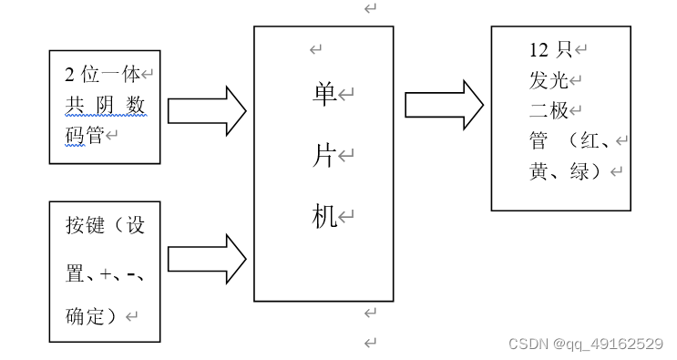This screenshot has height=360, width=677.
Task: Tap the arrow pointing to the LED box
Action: tap(445, 104)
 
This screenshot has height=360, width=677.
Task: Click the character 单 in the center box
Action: tap(323, 94)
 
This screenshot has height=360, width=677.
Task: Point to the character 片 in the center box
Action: tap(323, 156)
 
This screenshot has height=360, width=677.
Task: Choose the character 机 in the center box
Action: tap(323, 217)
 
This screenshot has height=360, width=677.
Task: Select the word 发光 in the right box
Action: tap(549, 80)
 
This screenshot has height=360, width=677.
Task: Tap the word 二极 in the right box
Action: tap(549, 111)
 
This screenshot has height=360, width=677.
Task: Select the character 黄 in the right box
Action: tap(539, 171)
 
